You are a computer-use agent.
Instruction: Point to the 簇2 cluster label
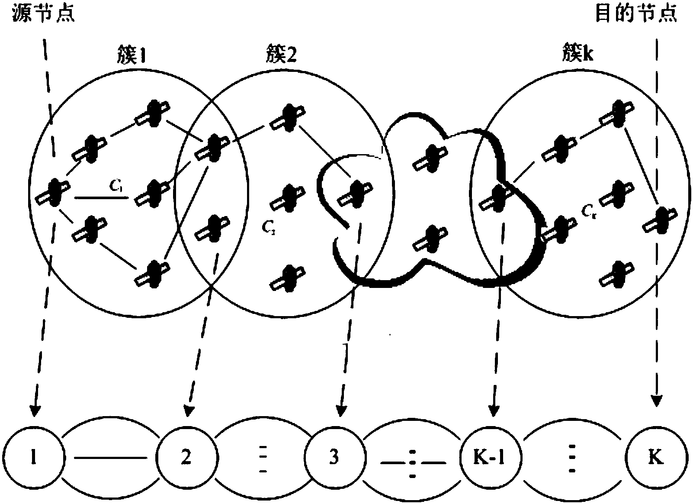(280, 56)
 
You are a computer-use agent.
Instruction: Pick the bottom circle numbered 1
(34, 458)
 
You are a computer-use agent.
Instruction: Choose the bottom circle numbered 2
(186, 458)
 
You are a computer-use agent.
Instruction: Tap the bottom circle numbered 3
(334, 458)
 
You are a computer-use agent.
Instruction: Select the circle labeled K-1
(490, 458)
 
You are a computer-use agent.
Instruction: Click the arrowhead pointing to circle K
(657, 401)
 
